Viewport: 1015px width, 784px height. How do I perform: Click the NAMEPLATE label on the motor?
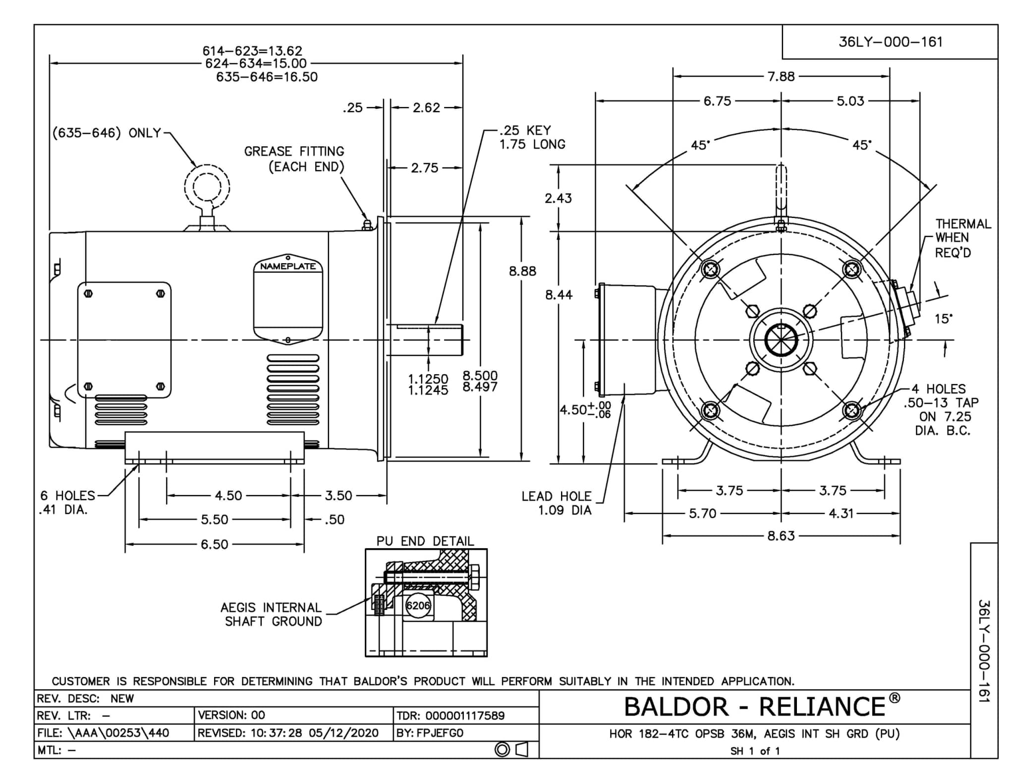pos(287,266)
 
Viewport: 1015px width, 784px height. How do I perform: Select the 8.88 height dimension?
pos(522,271)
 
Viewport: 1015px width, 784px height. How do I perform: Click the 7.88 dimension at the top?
pos(781,76)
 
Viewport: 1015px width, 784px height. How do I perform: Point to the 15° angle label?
pos(943,319)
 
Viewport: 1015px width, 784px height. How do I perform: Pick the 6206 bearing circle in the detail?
pos(418,605)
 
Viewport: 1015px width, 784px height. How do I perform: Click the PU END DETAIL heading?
pos(425,541)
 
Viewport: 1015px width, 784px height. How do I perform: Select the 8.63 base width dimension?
pos(781,536)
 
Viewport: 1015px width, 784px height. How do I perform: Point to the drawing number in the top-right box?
pos(890,42)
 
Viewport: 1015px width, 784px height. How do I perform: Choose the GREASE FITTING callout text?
pos(294,159)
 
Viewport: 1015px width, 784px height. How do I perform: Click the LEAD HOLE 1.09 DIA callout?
pos(556,503)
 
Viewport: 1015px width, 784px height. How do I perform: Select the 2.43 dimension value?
pos(558,198)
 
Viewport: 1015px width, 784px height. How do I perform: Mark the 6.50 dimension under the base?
pos(214,544)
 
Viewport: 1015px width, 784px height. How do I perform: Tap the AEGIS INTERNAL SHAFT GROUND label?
pos(272,614)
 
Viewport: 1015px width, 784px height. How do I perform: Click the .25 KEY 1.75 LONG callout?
pos(532,137)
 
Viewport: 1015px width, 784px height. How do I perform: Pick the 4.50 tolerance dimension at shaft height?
pos(585,410)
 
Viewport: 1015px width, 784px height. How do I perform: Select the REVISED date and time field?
pos(288,732)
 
